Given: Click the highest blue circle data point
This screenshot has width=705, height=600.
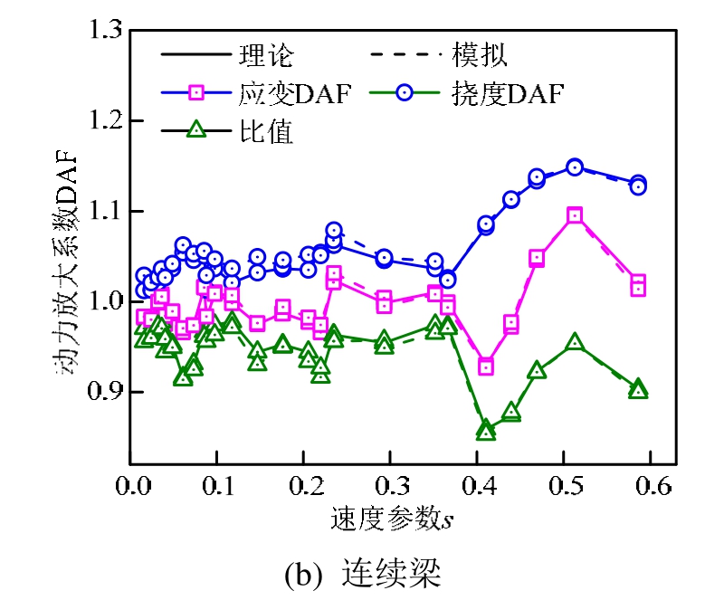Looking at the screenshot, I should click(x=574, y=167).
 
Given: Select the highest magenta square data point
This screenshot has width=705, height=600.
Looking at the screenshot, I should click(x=575, y=215).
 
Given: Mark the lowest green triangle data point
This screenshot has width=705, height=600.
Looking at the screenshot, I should click(x=486, y=432).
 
